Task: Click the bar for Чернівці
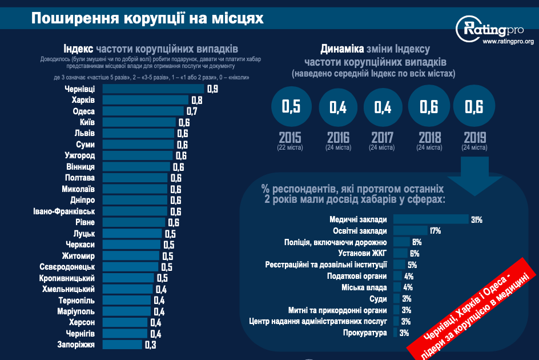pos(153,89)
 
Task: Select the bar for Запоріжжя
pos(122,345)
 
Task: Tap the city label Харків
pos(83,100)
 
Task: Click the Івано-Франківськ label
pos(63,211)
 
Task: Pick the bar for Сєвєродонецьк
pos(131,267)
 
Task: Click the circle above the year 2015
pos(291,107)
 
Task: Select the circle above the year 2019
pos(474,107)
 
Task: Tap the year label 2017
pos(382,138)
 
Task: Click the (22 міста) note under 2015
pos(291,147)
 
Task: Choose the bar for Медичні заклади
pos(431,219)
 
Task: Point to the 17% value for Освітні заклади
pos(435,231)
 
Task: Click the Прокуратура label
pos(365,333)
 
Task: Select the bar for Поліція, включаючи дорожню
pos(401,242)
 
